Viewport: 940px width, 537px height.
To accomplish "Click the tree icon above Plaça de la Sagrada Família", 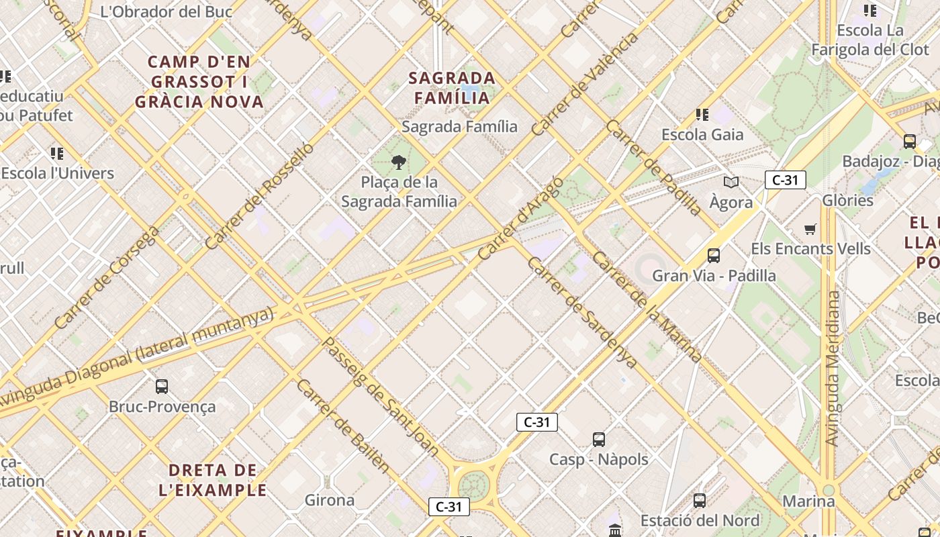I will [399, 162].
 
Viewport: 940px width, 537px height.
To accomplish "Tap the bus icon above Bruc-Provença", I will [162, 387].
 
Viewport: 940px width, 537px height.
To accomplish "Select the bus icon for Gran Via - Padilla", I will [713, 256].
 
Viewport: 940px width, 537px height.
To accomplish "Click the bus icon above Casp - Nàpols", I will [598, 440].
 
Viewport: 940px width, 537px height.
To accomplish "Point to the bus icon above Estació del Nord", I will [699, 501].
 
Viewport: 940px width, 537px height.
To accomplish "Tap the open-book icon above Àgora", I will [731, 182].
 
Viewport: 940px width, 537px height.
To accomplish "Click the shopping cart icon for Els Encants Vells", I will [810, 229].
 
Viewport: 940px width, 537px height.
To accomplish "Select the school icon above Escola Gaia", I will [702, 115].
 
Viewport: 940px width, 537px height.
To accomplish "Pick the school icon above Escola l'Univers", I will [57, 154].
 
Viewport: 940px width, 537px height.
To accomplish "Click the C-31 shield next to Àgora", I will [785, 180].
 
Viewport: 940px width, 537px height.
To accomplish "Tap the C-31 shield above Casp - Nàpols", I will [536, 422].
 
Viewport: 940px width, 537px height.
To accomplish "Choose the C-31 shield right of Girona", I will [449, 507].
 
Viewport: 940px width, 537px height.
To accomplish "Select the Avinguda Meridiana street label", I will [832, 369].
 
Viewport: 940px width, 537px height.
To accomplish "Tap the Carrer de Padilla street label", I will [653, 167].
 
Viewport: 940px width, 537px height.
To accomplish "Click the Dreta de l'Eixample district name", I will [213, 480].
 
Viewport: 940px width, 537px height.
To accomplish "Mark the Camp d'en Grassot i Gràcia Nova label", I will [199, 82].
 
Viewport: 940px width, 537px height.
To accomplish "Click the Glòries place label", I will [848, 200].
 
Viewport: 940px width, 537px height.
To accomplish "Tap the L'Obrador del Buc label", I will [166, 11].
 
